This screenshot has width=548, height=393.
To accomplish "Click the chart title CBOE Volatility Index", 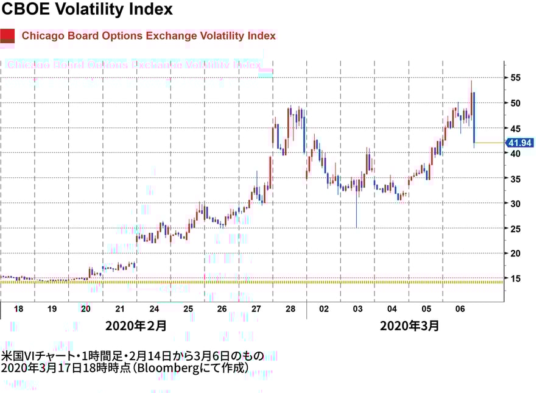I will pos(88,10).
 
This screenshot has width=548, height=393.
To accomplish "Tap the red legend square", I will pos(8,36).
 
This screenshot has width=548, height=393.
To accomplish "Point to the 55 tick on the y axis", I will pos(515,78).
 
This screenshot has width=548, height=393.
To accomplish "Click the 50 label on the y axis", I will pos(515,103).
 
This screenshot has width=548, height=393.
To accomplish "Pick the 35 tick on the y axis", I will pos(515,179).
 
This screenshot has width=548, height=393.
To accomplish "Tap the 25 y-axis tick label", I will pos(515,228).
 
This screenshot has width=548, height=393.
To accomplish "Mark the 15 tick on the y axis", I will pos(515,278).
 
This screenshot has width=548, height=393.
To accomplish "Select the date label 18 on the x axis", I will pos(18,309).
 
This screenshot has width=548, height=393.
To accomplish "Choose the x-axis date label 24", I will pos(154,309).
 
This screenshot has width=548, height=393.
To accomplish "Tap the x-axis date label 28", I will pos(290,309).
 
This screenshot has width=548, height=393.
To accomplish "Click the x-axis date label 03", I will pos(358,309).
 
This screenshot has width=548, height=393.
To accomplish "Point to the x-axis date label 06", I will pos(460,309).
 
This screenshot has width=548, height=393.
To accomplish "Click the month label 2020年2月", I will pos(135,325).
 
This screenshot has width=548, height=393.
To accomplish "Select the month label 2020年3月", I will pos(409,325).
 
